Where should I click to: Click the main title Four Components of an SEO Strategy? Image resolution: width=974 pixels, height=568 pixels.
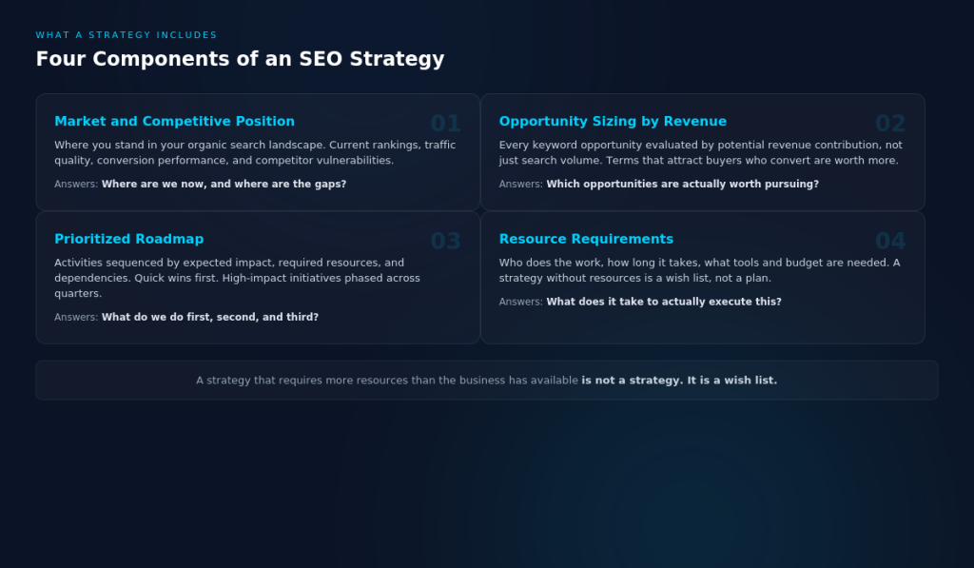(x=240, y=59)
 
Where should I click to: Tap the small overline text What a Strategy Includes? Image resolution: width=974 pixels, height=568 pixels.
(x=127, y=35)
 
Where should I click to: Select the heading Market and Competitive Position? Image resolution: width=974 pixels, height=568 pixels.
(x=174, y=122)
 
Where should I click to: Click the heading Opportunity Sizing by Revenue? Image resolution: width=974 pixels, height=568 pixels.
(x=613, y=122)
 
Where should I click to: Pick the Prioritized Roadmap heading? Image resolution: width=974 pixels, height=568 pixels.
(x=128, y=240)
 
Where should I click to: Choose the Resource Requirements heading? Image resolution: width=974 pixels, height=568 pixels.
(x=586, y=240)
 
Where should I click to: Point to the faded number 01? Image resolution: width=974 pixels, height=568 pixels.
(x=445, y=124)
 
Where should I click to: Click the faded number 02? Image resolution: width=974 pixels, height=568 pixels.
(x=889, y=124)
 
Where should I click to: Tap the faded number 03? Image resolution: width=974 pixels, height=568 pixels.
(x=445, y=242)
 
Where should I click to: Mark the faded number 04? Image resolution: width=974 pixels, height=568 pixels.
(x=889, y=242)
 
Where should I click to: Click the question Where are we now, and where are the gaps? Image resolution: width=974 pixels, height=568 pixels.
(x=224, y=185)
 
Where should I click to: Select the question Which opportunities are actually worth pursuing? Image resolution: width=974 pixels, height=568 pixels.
(x=682, y=185)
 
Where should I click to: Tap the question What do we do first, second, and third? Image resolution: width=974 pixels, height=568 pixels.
(x=209, y=318)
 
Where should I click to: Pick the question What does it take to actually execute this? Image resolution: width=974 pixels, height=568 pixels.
(x=663, y=303)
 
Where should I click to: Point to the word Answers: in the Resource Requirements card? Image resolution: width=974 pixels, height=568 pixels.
(x=520, y=303)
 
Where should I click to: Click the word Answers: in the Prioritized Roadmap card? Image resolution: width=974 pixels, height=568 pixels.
(x=76, y=318)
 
